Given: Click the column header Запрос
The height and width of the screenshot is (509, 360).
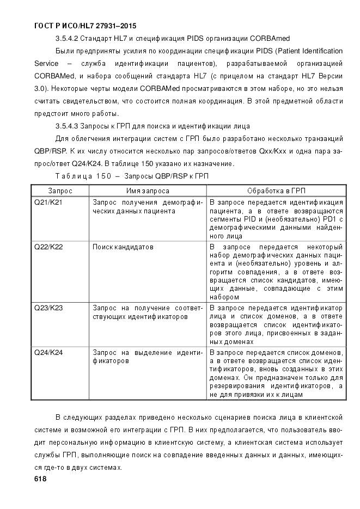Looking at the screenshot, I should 60,191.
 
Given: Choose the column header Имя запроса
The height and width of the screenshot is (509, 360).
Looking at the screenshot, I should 148,191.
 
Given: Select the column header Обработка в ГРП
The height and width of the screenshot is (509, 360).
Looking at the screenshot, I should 276,191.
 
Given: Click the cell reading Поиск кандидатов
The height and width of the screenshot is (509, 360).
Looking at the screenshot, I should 123,247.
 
